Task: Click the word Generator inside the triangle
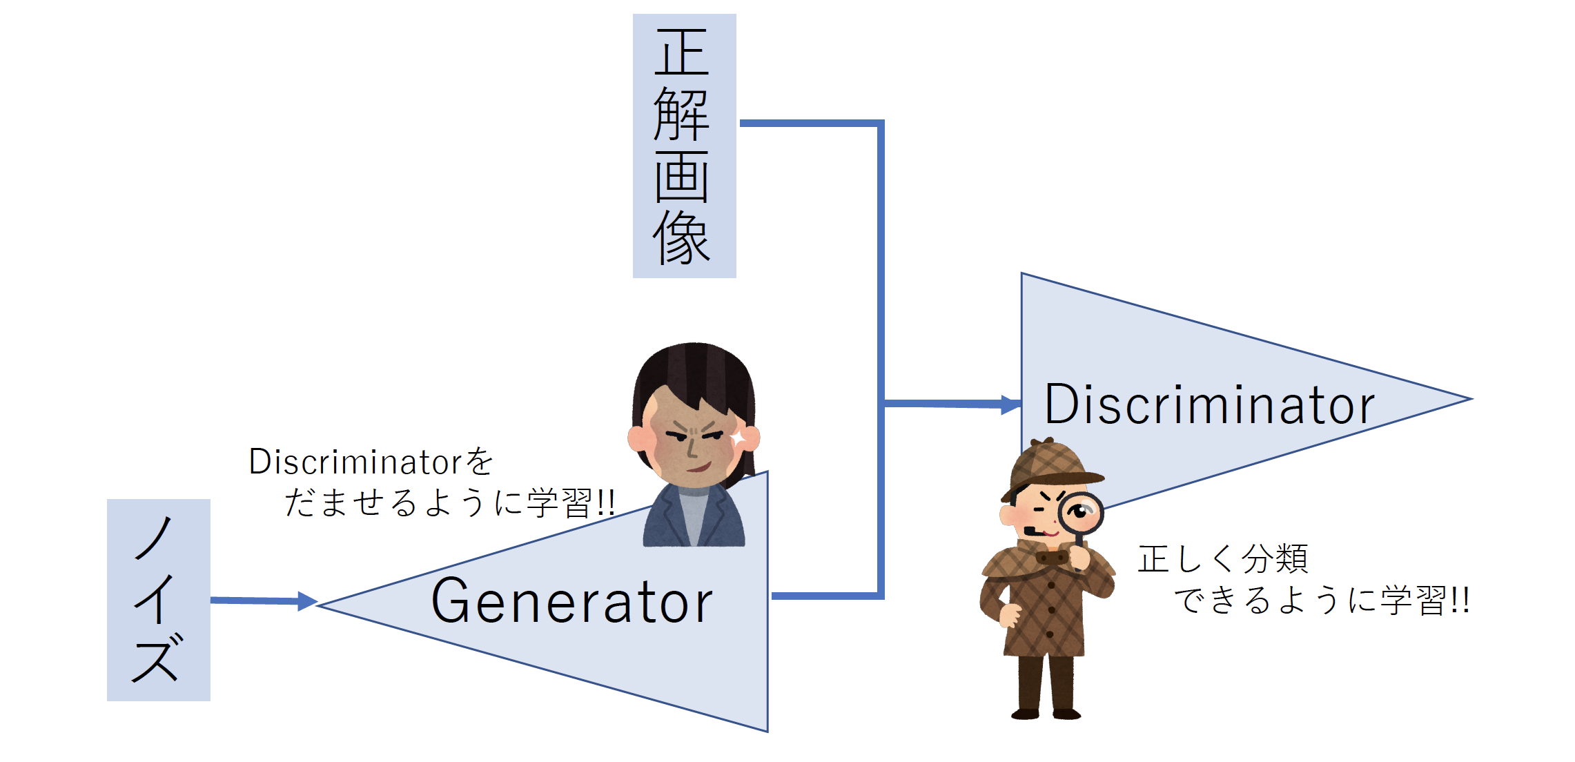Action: [572, 600]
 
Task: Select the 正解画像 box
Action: [685, 146]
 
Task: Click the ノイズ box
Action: [159, 600]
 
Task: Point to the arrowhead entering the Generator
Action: [307, 601]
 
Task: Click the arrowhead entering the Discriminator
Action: [1011, 405]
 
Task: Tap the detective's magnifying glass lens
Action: [1081, 513]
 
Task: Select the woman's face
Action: [692, 440]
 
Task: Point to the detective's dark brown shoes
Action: [1046, 713]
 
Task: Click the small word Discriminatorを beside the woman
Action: [371, 462]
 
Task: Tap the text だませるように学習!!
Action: [449, 502]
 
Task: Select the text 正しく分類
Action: [1223, 558]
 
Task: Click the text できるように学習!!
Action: [1322, 600]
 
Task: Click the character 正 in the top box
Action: [682, 52]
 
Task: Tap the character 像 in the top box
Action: [681, 238]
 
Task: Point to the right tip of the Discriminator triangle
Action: [1471, 399]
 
